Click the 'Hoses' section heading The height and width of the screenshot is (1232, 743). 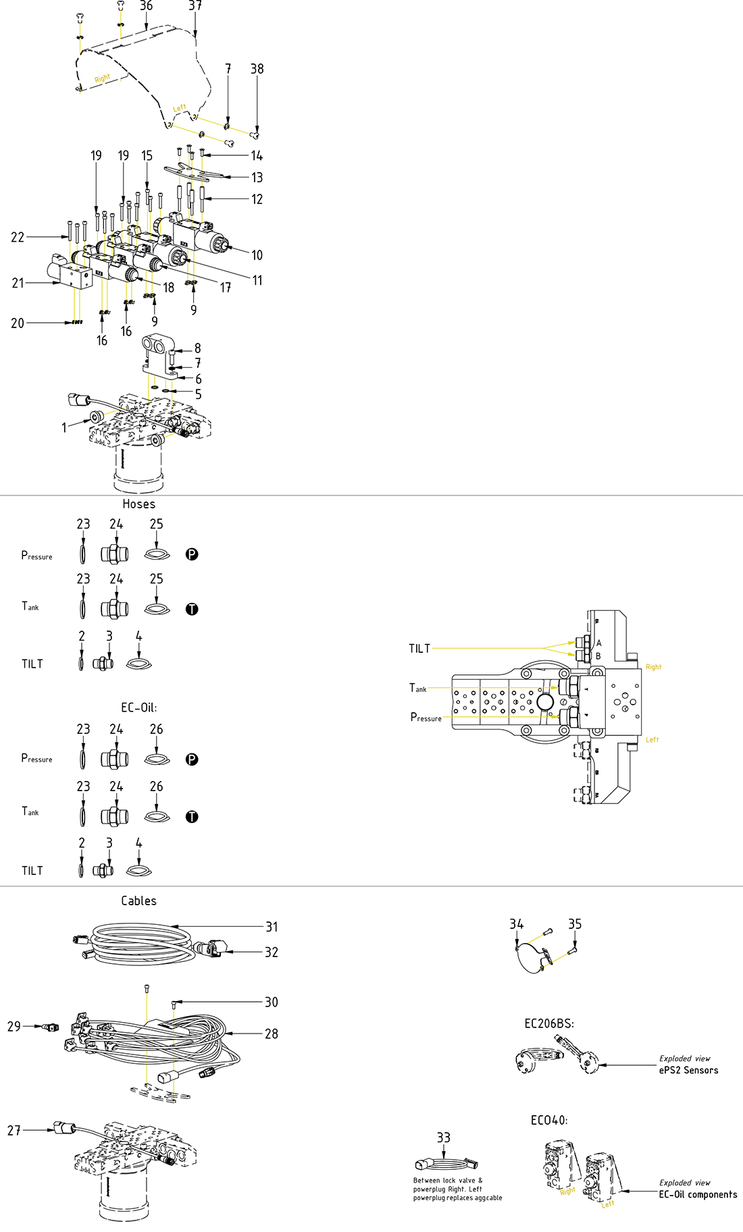pos(138,504)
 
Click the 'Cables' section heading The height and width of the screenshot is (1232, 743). pos(138,901)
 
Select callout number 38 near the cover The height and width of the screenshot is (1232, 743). pos(257,69)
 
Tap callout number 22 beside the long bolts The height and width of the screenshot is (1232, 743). pos(18,237)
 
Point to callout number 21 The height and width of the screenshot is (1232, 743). pos(18,283)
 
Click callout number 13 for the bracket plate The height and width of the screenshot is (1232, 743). pos(257,178)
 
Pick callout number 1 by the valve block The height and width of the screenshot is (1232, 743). pos(64,427)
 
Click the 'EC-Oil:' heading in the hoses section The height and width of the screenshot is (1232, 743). pos(138,708)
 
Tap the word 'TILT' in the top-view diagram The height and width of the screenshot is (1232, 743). pos(419,649)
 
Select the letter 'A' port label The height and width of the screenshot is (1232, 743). pos(598,643)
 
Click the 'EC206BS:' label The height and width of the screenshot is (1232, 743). pos(549,1024)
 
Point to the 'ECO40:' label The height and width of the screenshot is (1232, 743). pos(548,1121)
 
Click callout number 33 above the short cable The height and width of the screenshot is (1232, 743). pos(443,1138)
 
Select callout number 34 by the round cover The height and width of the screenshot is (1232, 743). pos(516,924)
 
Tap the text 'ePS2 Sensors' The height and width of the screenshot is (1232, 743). pos(688,1071)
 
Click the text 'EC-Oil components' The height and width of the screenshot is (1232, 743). pos(698,1195)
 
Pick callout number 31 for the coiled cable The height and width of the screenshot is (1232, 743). pos(272,927)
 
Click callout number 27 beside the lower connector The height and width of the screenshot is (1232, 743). pos(14,1130)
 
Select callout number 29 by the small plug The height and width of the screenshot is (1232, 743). pos(14,1026)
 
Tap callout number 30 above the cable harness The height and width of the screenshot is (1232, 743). pos(272,1002)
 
